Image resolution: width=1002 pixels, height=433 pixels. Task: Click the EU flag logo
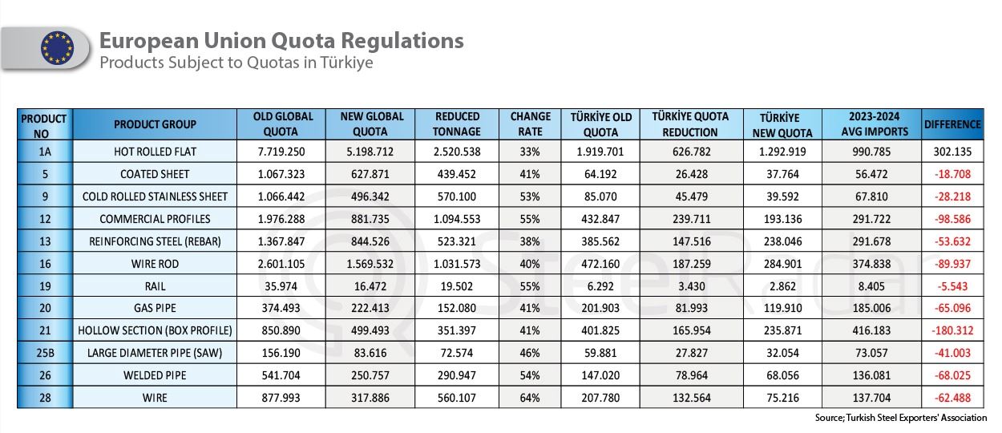(56, 48)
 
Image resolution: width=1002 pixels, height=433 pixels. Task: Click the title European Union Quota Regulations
(281, 40)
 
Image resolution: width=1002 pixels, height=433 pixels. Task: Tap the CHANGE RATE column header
(531, 124)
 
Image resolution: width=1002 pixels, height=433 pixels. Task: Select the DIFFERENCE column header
(952, 124)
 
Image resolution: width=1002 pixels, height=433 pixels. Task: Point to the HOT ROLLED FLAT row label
(155, 150)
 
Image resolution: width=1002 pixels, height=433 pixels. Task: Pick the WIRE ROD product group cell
(155, 264)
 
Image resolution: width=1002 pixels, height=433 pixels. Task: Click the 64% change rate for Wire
(531, 398)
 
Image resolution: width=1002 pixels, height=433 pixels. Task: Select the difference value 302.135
(952, 150)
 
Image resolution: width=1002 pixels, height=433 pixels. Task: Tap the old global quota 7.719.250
(281, 150)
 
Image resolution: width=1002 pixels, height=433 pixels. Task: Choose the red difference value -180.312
(951, 330)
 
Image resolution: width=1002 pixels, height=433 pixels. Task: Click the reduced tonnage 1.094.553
(458, 219)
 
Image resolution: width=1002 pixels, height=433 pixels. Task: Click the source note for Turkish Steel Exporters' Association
(900, 418)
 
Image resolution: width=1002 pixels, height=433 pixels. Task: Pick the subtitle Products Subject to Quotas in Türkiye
(236, 63)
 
